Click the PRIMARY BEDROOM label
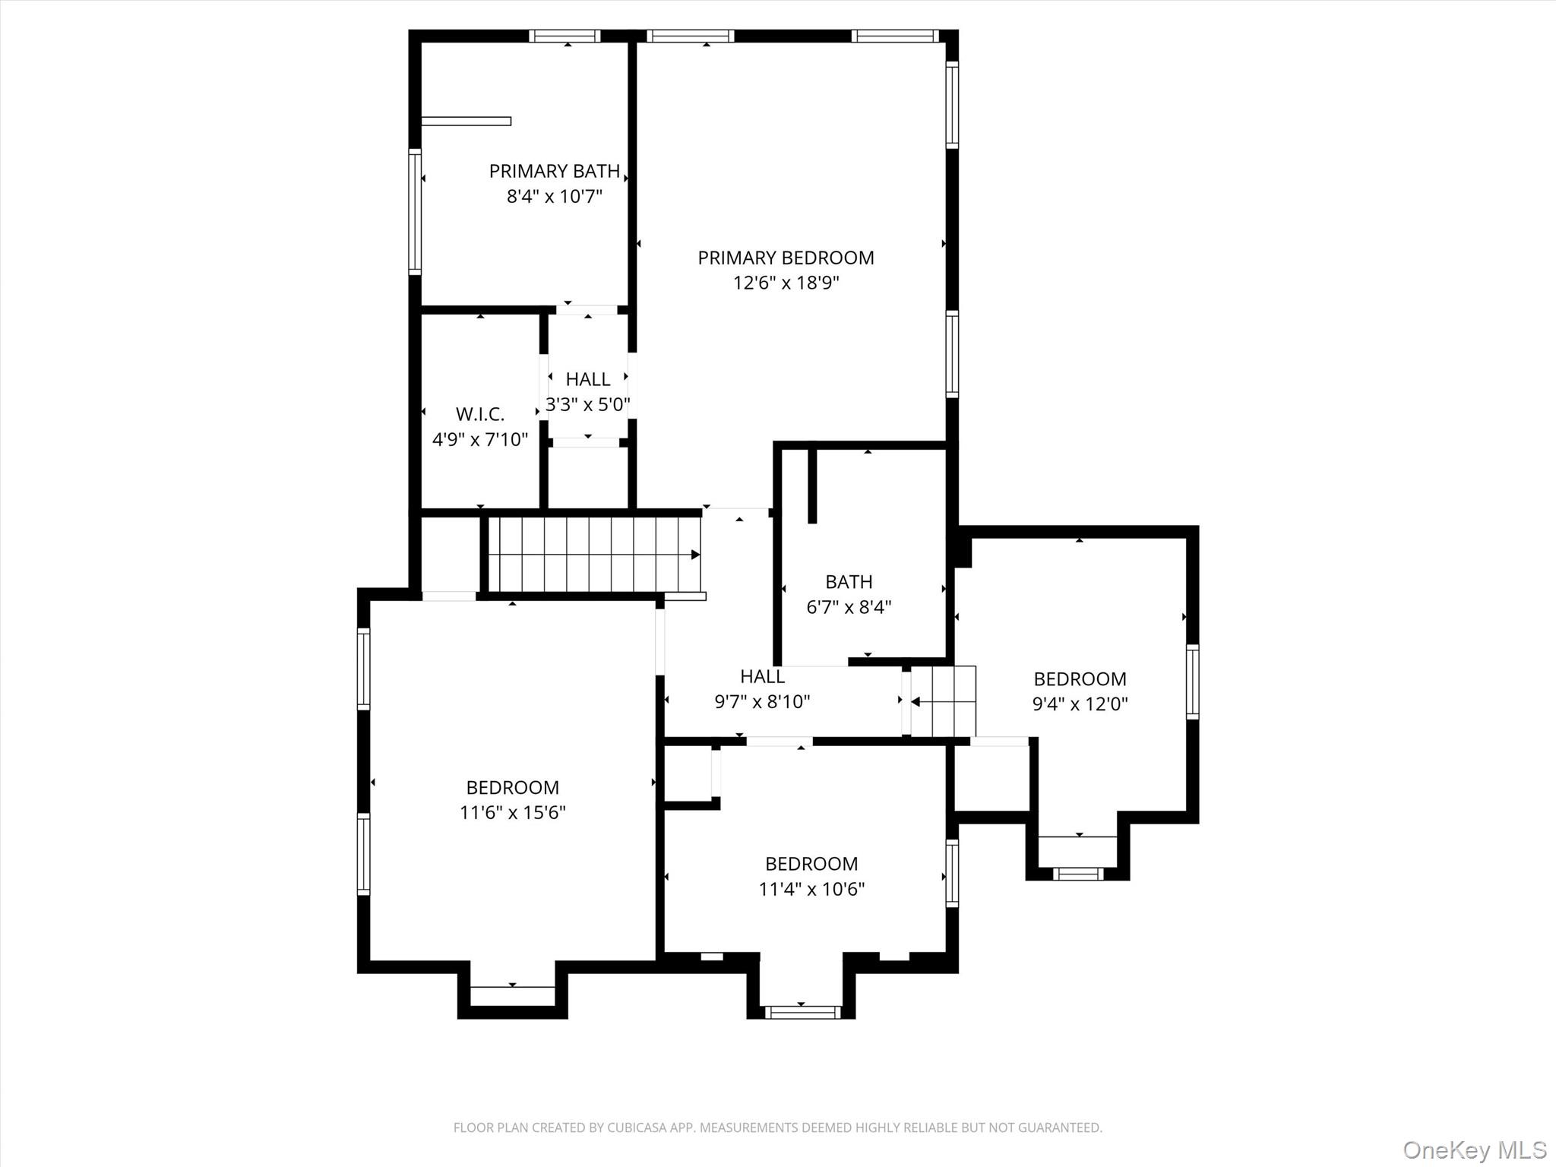pos(786,258)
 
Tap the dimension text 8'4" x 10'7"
pos(555,197)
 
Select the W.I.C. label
pos(479,414)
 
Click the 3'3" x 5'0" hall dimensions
pos(587,404)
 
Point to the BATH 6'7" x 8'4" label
pos(848,594)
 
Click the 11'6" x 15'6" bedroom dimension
pos(512,812)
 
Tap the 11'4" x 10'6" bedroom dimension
pos(811,889)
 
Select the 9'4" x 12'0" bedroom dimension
pos(1080,704)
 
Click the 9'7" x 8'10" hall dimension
pos(762,701)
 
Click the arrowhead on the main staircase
pos(694,555)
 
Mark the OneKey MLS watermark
pos(1475,1150)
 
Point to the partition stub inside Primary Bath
pos(466,121)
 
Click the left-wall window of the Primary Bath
pos(415,212)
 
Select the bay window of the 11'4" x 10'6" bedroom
pos(802,1011)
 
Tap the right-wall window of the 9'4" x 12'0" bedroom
pos(1192,682)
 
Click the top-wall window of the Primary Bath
pos(565,36)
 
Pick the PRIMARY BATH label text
pos(555,171)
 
